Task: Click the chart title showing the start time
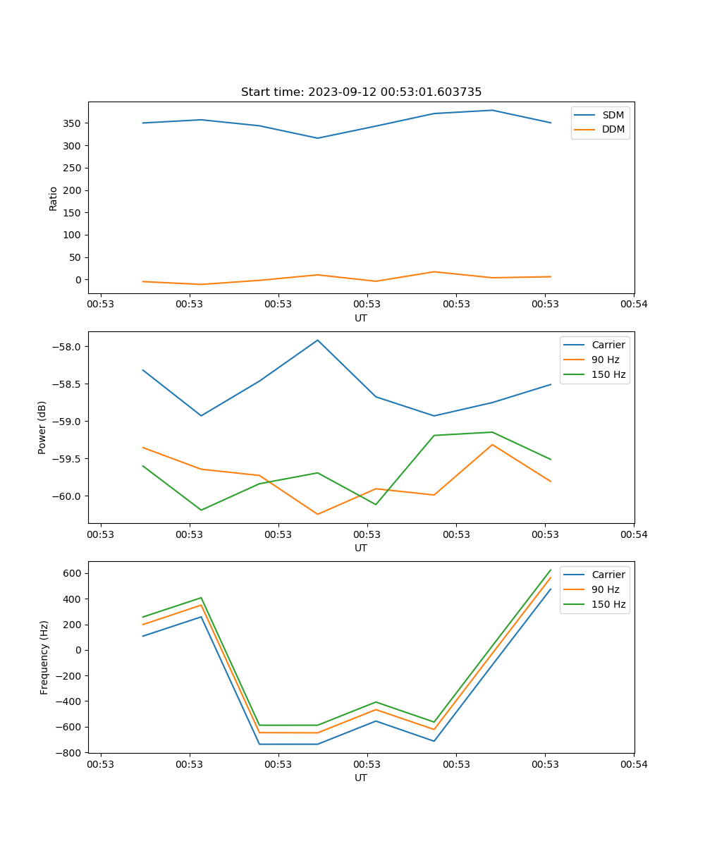tap(361, 92)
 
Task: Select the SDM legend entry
tap(613, 115)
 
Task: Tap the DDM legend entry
tap(613, 130)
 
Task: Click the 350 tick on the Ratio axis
tap(73, 123)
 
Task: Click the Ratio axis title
tap(54, 198)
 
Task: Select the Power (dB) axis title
tap(42, 427)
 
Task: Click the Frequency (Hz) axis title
tap(44, 657)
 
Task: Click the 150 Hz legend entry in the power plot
tap(608, 374)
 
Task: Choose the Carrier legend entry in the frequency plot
tap(608, 575)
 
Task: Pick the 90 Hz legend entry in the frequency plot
tap(606, 589)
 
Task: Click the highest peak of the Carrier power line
tap(317, 340)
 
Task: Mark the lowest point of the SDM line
tap(317, 138)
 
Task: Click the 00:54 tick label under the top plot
tap(633, 304)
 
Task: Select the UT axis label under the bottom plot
tap(361, 778)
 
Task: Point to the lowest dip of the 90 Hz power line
tap(317, 514)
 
